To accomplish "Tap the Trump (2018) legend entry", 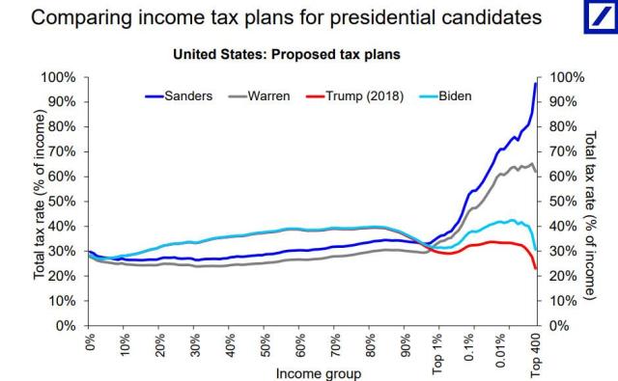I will [x=369, y=96].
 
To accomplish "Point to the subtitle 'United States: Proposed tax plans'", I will [x=285, y=55].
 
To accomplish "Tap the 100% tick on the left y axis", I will [x=57, y=77].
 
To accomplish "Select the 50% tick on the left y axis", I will [x=60, y=202].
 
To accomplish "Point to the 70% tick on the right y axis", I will [x=564, y=151].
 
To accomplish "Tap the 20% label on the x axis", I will [x=159, y=345].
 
